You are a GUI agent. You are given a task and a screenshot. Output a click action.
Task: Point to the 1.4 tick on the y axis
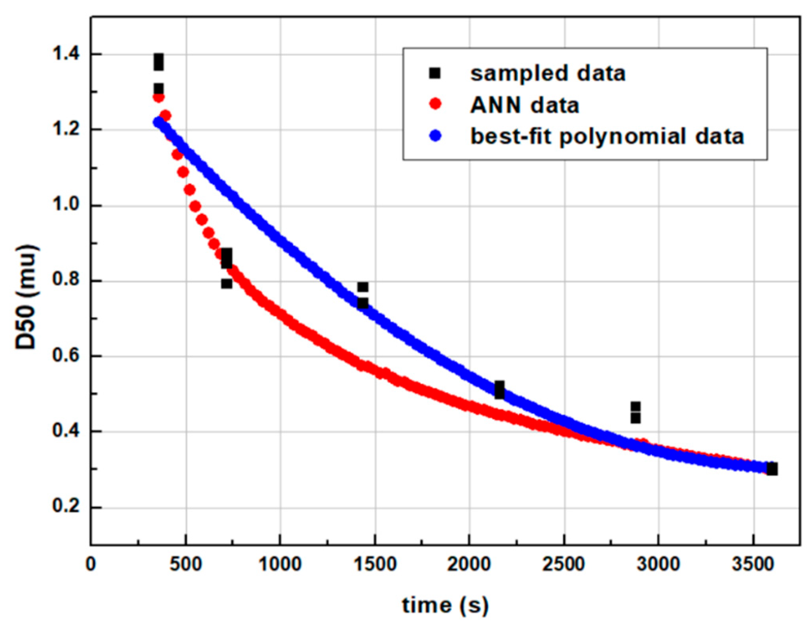pyautogui.click(x=66, y=54)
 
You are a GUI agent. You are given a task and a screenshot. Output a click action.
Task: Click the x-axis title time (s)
pyautogui.click(x=445, y=606)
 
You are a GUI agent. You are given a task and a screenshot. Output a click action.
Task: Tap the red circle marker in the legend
pyautogui.click(x=435, y=104)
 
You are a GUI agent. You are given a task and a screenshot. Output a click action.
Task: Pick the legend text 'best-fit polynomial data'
pyautogui.click(x=607, y=136)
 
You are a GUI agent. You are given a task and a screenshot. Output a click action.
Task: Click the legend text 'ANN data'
pyautogui.click(x=524, y=105)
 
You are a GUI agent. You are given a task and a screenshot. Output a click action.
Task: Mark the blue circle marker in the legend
pyautogui.click(x=435, y=136)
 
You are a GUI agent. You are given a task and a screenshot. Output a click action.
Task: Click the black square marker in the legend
pyautogui.click(x=434, y=73)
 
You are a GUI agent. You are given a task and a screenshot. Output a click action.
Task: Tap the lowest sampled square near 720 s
pyautogui.click(x=226, y=283)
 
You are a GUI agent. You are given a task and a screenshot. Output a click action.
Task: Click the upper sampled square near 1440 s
pyautogui.click(x=362, y=287)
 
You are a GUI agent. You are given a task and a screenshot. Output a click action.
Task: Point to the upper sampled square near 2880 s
pyautogui.click(x=635, y=406)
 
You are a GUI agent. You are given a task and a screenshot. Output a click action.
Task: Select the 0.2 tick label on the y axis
pyautogui.click(x=66, y=507)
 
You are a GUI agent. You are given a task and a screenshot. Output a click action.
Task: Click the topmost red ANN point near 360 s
pyautogui.click(x=158, y=97)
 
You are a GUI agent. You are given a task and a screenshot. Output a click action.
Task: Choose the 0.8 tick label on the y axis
pyautogui.click(x=66, y=281)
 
